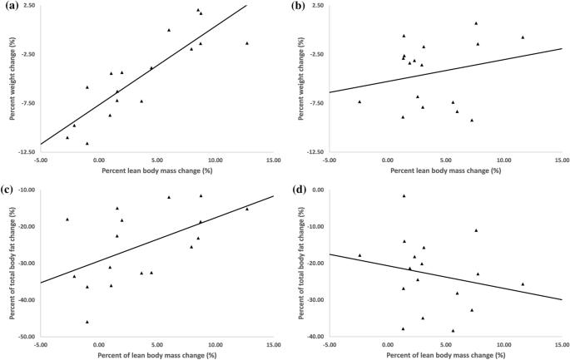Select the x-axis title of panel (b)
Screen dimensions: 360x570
click(x=445, y=170)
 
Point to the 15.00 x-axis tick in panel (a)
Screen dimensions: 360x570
click(x=273, y=160)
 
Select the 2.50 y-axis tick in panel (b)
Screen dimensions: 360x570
click(x=316, y=6)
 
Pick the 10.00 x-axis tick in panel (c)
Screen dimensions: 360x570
click(x=216, y=344)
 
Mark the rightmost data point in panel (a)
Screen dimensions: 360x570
click(x=247, y=43)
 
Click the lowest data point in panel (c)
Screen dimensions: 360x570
click(x=87, y=322)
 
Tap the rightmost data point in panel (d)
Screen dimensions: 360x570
click(x=523, y=284)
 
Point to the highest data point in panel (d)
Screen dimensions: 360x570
click(x=404, y=196)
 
